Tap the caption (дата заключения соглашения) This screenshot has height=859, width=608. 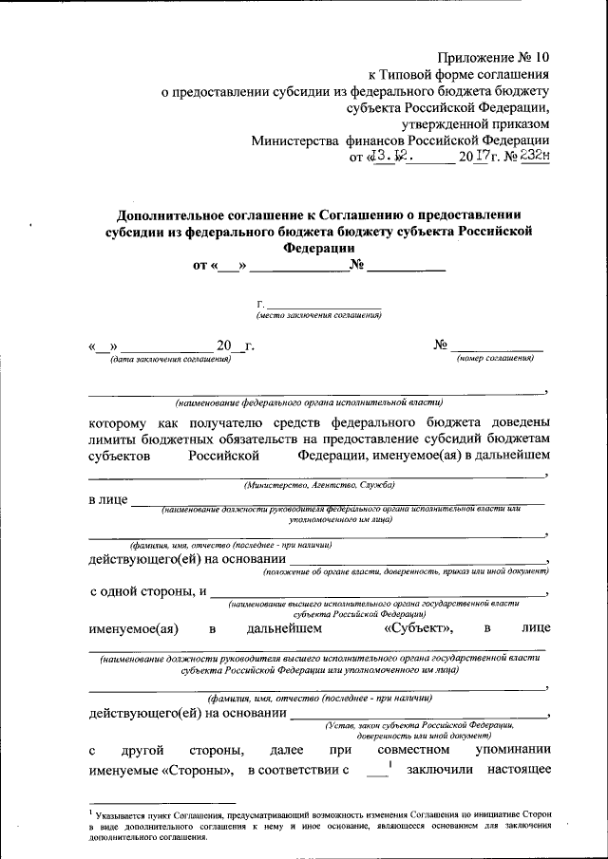pyautogui.click(x=170, y=358)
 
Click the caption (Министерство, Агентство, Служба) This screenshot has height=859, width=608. pyautogui.click(x=318, y=485)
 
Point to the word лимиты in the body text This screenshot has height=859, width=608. pyautogui.click(x=115, y=438)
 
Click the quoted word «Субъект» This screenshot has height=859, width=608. pyautogui.click(x=419, y=627)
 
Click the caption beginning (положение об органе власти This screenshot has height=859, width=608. pyautogui.click(x=406, y=572)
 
